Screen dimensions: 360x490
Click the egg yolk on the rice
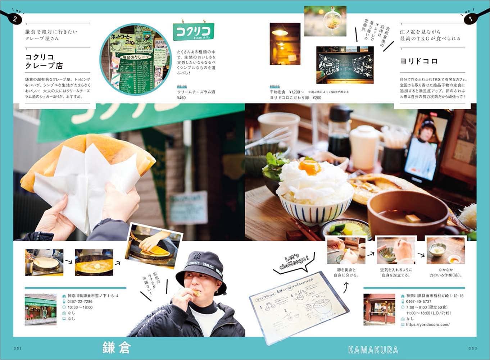[x=310, y=167]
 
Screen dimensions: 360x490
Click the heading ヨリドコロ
[x=419, y=61]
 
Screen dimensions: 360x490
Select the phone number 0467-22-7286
[x=80, y=302]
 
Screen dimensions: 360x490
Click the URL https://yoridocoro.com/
[x=428, y=324]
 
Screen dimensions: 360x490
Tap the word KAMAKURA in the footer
[x=373, y=350]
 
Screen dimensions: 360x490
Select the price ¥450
[x=181, y=98]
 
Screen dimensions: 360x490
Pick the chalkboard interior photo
[x=345, y=65]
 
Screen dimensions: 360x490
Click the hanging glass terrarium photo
[x=325, y=21]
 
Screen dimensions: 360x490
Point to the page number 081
[x=18, y=348]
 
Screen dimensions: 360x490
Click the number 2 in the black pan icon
[x=15, y=19]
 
